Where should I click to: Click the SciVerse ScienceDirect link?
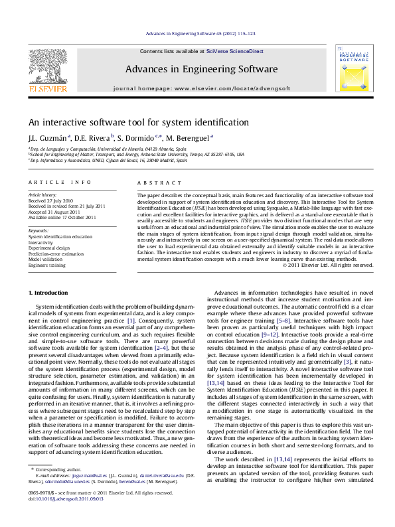[x=234, y=51]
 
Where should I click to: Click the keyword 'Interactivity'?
[x=41, y=243]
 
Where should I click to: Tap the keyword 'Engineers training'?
[x=47, y=265]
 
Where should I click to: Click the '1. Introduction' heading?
[x=50, y=293]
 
